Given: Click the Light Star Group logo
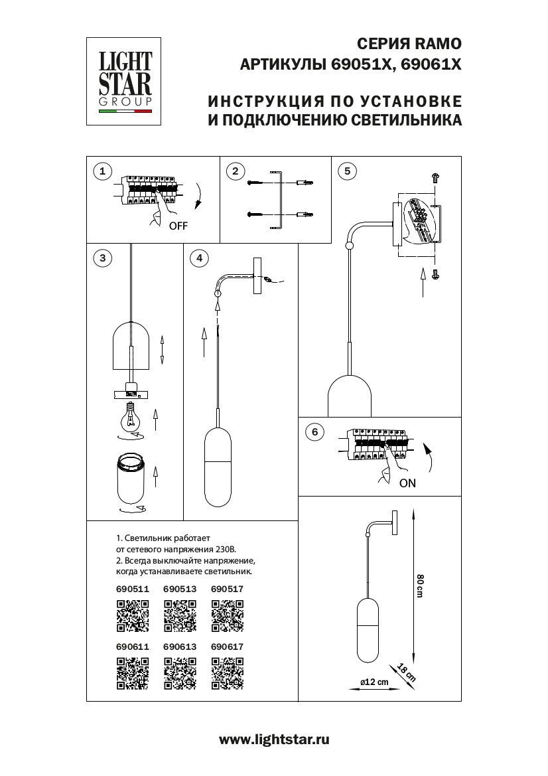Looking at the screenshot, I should [x=125, y=81].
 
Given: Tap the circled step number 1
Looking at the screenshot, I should [x=102, y=172].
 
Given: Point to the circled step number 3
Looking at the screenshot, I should [x=102, y=258].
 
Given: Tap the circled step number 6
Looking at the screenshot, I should [x=315, y=432].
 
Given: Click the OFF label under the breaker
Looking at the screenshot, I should [x=178, y=226].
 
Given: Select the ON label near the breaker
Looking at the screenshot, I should [x=407, y=483].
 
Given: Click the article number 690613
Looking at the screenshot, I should [x=178, y=645].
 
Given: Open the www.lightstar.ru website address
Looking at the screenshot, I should [x=274, y=739].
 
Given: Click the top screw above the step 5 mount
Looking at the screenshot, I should [x=435, y=177].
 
